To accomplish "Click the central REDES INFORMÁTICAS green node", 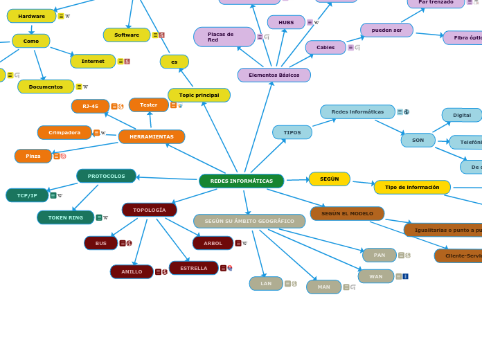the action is [x=241, y=181].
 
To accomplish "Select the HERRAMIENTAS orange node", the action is [x=152, y=137].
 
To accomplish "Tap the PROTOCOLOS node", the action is [x=106, y=177].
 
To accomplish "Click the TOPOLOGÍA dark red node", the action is [x=150, y=210].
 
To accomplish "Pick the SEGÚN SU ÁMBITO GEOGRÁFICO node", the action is [x=249, y=222].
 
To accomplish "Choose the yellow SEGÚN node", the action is [x=330, y=179].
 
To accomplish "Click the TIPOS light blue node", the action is [x=292, y=132].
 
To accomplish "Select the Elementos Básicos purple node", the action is [x=274, y=75].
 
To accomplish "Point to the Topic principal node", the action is [x=199, y=96].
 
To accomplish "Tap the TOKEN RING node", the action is [x=65, y=217].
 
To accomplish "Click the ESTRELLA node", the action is [x=194, y=268].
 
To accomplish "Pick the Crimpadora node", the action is [x=64, y=133].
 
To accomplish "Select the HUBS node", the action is [x=286, y=23].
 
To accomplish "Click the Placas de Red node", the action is [x=224, y=37].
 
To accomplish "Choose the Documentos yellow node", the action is [x=46, y=87].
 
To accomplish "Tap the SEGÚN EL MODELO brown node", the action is [x=347, y=214].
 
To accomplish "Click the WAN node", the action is [x=376, y=277].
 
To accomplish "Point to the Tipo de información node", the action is [x=412, y=188].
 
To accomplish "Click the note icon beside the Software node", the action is [x=155, y=35].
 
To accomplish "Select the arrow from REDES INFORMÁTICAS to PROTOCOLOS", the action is [x=168, y=179].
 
